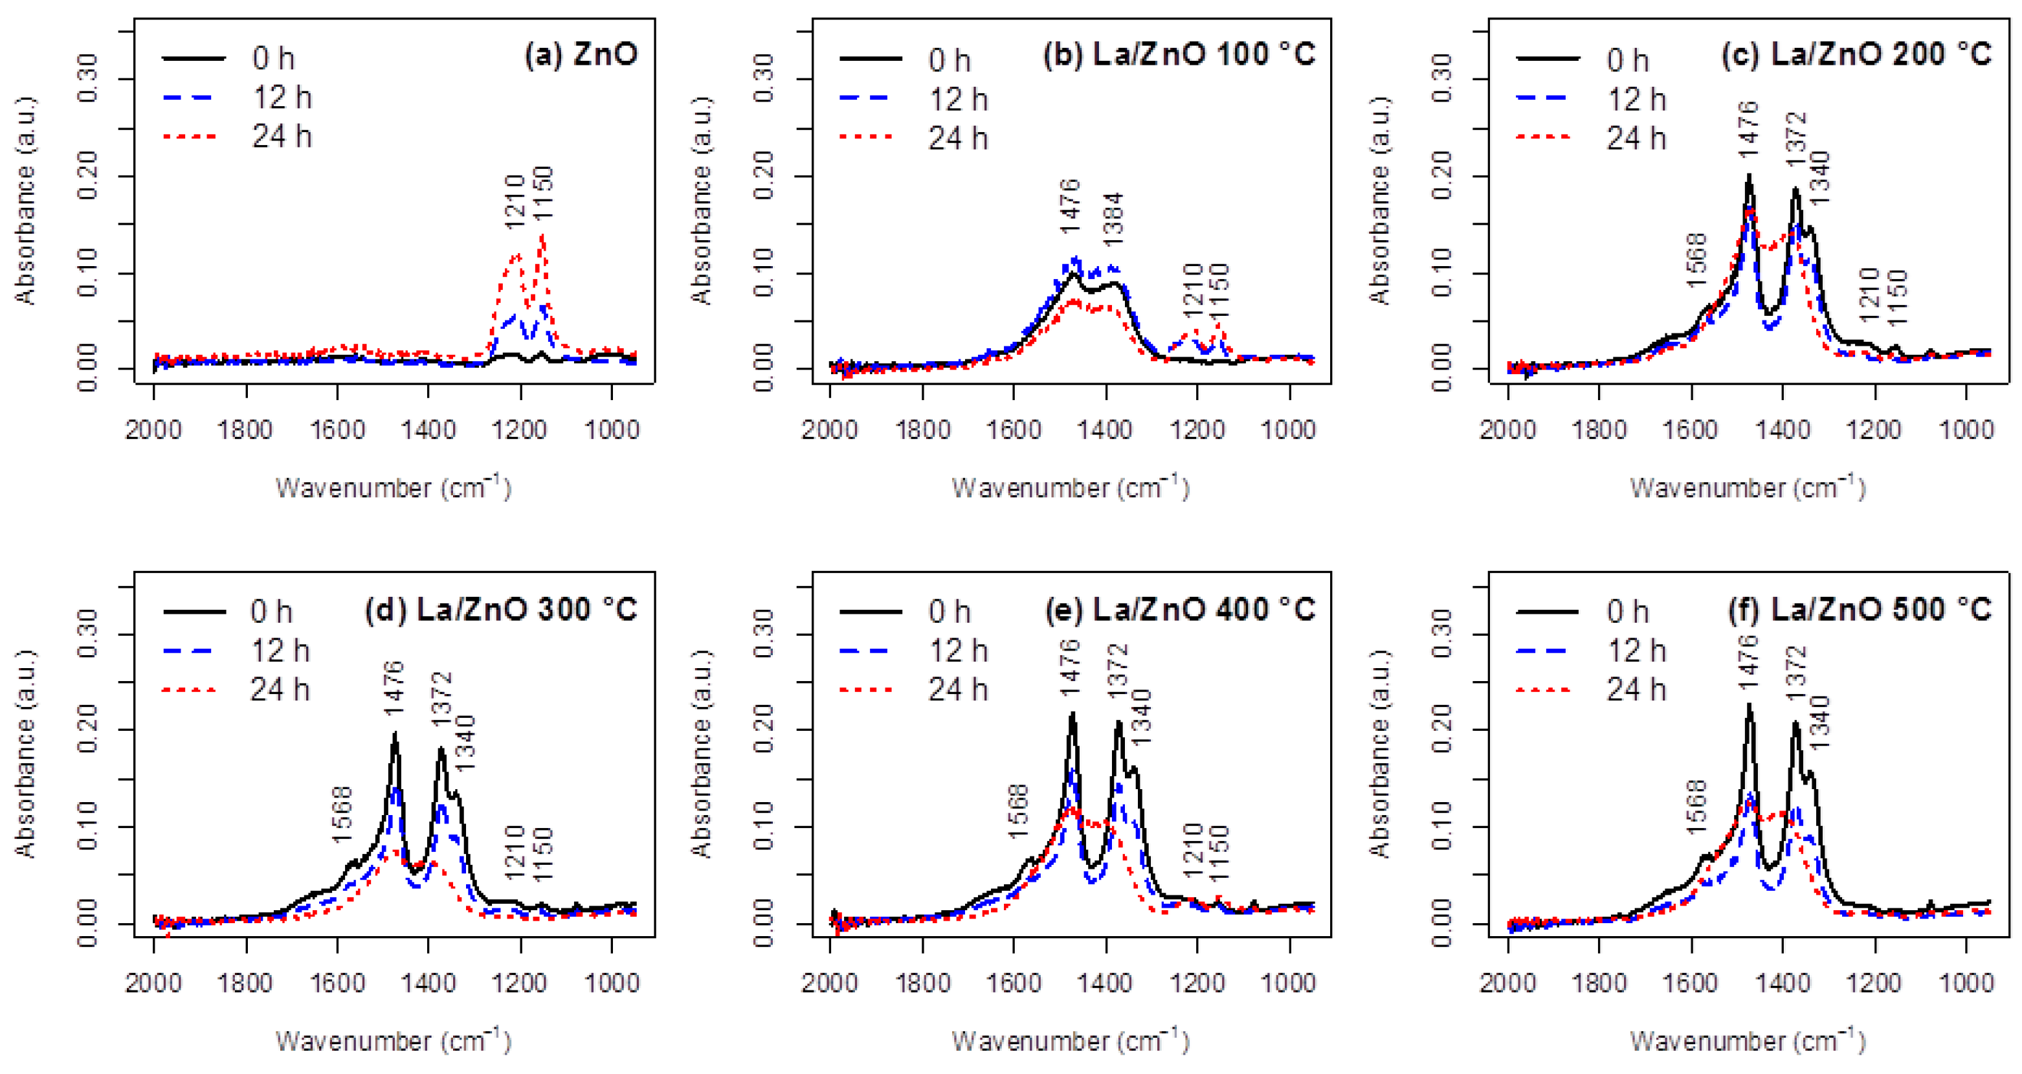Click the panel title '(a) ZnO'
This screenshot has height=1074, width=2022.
pyautogui.click(x=581, y=55)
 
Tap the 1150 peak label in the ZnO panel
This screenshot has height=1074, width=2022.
pyautogui.click(x=542, y=193)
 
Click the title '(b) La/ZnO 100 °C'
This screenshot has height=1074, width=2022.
pyautogui.click(x=1179, y=55)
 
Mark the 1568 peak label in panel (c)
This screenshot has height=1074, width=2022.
pyautogui.click(x=1696, y=260)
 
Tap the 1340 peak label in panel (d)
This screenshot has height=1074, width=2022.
pyautogui.click(x=465, y=743)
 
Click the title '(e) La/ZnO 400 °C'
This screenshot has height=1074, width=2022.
pyautogui.click(x=1179, y=610)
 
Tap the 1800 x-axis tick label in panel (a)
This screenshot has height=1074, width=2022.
pyautogui.click(x=246, y=431)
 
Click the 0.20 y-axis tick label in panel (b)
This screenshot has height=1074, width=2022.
pyautogui.click(x=764, y=176)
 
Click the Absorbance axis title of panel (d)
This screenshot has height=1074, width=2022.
pyautogui.click(x=25, y=754)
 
